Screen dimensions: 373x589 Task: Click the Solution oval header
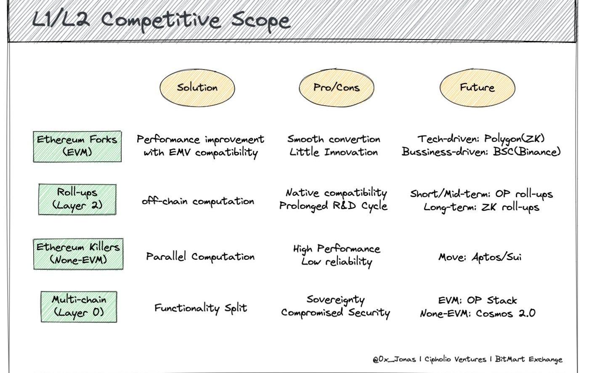click(197, 88)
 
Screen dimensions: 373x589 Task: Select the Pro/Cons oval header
click(336, 88)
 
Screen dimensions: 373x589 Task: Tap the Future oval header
click(477, 88)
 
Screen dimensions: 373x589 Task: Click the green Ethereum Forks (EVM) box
click(77, 146)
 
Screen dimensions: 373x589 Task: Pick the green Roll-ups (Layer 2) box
click(77, 199)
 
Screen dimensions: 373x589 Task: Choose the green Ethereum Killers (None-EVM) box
click(78, 253)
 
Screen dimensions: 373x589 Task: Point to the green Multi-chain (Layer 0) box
click(79, 306)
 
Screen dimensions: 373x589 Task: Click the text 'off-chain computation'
click(198, 201)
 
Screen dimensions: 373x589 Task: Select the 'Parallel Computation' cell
click(200, 256)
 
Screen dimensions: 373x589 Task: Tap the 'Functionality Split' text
click(200, 308)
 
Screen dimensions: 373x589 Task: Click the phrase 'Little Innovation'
click(334, 152)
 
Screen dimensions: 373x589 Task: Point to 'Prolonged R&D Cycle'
click(334, 206)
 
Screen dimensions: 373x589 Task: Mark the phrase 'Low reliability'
click(337, 261)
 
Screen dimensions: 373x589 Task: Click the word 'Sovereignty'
click(335, 300)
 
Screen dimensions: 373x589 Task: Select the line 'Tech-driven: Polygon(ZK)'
click(481, 139)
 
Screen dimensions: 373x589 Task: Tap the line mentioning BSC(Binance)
click(481, 152)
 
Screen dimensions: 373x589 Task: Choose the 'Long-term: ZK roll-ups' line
click(481, 207)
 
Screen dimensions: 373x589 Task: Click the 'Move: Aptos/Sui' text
click(480, 257)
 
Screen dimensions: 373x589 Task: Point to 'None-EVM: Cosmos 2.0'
click(478, 314)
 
